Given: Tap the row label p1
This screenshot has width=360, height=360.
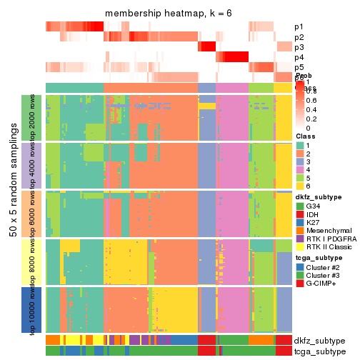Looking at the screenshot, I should (299, 27).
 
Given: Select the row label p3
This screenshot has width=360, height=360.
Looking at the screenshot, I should (299, 47).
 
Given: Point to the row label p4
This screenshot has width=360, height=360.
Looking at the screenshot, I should (299, 57).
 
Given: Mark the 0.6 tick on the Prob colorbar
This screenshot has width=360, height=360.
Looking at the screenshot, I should (310, 101).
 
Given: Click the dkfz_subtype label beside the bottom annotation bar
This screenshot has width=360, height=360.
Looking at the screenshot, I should (318, 340).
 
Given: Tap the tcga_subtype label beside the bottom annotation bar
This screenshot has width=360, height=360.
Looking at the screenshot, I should (318, 351).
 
